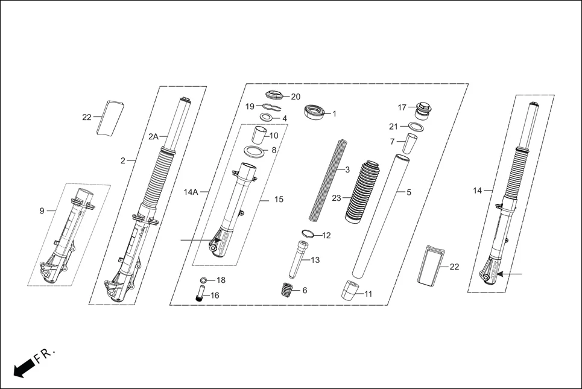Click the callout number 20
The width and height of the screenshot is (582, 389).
pyautogui.click(x=295, y=96)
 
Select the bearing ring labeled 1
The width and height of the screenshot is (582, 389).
pyautogui.click(x=314, y=112)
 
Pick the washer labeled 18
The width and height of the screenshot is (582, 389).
pyautogui.click(x=204, y=280)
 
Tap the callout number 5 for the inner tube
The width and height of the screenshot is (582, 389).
pyautogui.click(x=408, y=192)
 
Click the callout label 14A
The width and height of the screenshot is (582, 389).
pyautogui.click(x=191, y=192)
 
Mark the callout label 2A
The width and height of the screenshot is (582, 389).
pyautogui.click(x=153, y=137)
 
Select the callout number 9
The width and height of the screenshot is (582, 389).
pyautogui.click(x=42, y=210)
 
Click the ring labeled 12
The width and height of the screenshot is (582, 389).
pyautogui.click(x=308, y=234)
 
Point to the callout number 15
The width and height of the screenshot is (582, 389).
pyautogui.click(x=278, y=199)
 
